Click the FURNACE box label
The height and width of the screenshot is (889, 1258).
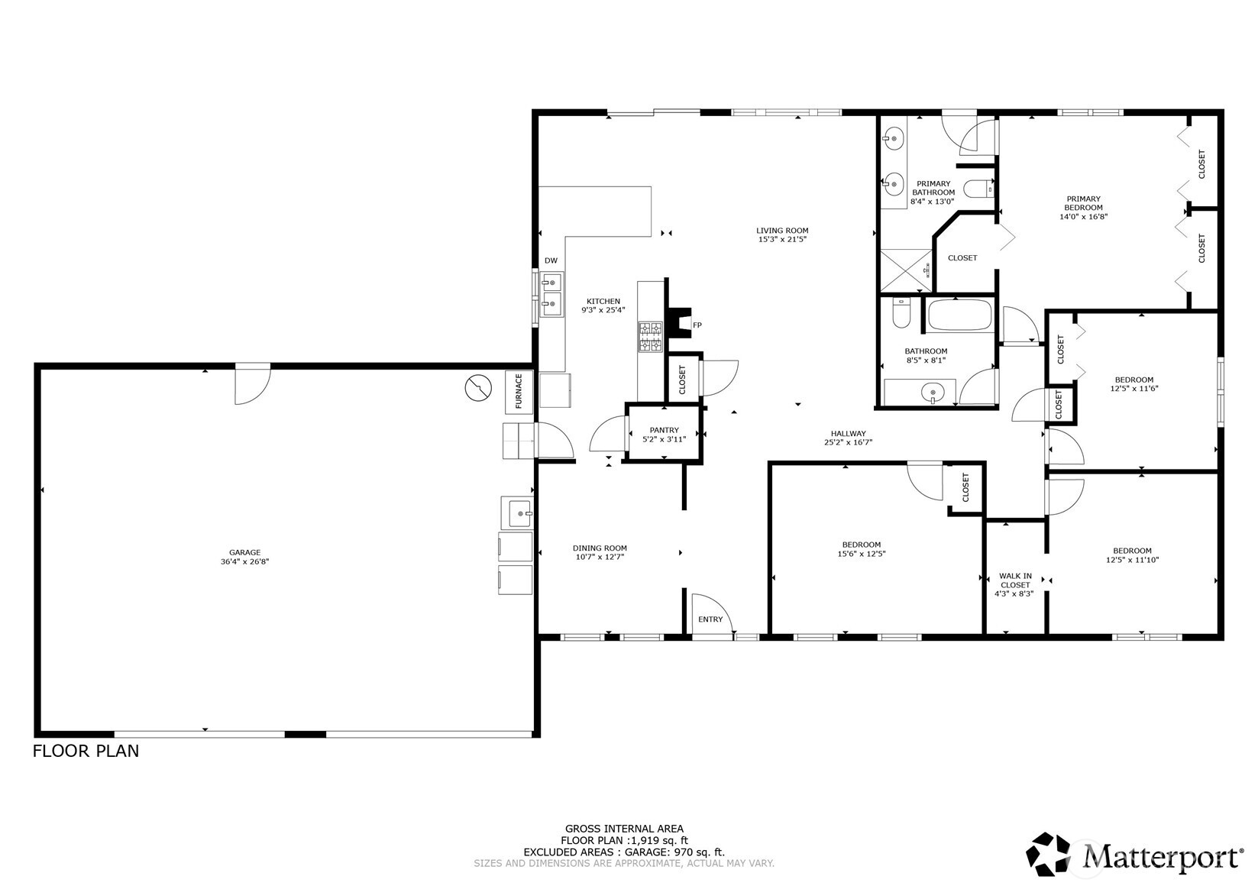[x=519, y=391]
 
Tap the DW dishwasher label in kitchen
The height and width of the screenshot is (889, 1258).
[x=551, y=261]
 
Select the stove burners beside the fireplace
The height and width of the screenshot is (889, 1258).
[x=651, y=337]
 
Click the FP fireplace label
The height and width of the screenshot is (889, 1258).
[x=697, y=325]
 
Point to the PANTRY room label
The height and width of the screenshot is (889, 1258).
[x=664, y=431]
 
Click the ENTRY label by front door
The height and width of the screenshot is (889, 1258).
[x=710, y=619]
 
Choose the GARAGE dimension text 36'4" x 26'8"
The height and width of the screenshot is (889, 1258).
[x=244, y=562]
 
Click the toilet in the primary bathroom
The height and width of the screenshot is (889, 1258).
[x=977, y=188]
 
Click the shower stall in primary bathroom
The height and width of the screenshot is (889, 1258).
[x=906, y=270]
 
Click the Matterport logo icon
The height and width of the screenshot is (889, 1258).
[x=1051, y=854]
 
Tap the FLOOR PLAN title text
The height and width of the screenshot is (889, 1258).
[x=86, y=751]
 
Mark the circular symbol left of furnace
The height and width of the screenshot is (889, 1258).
[x=478, y=388]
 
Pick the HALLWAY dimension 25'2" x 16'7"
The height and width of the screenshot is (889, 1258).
[x=848, y=443]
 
